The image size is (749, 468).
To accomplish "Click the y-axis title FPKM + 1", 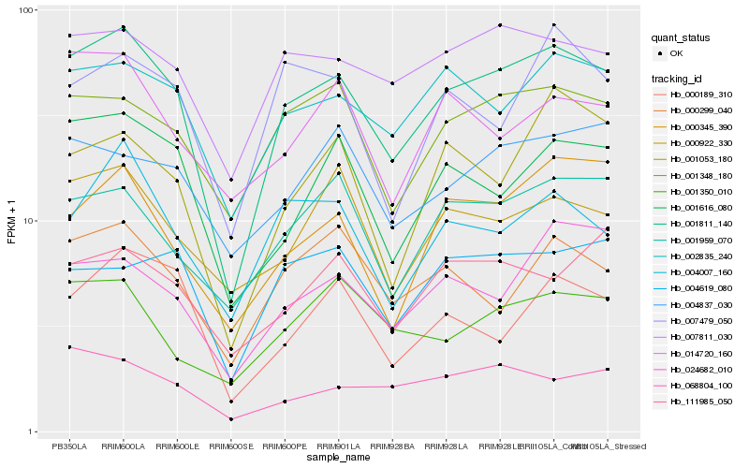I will (12, 221).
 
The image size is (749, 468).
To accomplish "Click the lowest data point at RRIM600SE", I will (231, 419).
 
